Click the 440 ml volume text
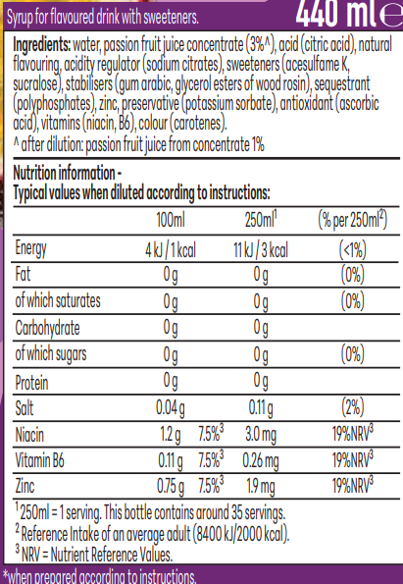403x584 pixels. coord(337,14)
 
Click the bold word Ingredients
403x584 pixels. coord(42,45)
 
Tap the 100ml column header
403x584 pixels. coord(171,220)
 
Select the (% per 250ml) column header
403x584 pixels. coord(352,220)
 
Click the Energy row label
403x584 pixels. coord(30,248)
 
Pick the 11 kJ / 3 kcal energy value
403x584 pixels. coord(261,249)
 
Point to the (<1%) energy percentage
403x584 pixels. coord(352,249)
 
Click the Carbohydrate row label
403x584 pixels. coord(47,328)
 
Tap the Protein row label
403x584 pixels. coord(31,383)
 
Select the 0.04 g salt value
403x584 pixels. coord(171,408)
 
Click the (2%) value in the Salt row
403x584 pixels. coord(352,407)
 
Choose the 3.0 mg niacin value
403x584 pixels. coord(261,435)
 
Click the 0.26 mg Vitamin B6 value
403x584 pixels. coord(261,461)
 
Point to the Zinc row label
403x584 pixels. coord(25,486)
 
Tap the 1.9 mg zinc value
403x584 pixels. coord(261,487)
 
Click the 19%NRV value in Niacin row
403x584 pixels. coord(352,433)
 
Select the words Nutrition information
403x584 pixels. coord(64,173)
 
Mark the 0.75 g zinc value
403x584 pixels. coord(171,487)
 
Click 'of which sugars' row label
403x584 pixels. coord(51,354)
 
